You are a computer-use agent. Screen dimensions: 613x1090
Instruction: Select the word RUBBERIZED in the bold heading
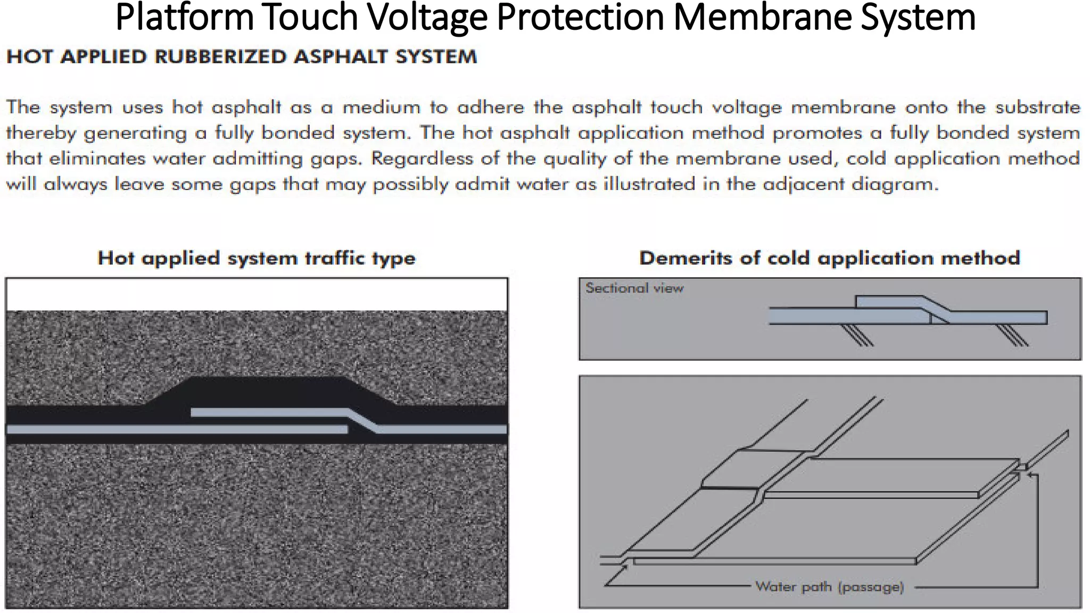point(220,57)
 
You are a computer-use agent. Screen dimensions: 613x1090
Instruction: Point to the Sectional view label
point(634,288)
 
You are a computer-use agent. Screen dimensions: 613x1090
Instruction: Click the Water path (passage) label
point(829,587)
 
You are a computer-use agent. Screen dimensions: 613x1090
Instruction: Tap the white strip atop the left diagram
point(257,294)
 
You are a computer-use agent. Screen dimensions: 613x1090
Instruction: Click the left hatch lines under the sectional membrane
point(857,335)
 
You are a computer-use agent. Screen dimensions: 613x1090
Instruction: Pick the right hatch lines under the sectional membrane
point(1012,335)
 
